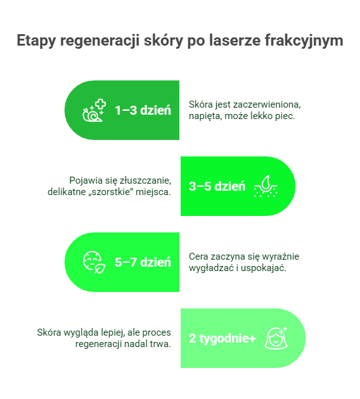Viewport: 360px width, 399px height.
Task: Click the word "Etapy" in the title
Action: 36,41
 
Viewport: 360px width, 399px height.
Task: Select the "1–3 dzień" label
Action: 143,110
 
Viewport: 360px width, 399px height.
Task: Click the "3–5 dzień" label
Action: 217,186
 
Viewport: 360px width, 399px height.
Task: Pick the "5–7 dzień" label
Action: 143,262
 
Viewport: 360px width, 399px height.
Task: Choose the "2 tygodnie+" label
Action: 222,339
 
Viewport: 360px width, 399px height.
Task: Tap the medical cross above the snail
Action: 100,104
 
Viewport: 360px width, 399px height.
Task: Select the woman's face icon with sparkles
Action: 276,338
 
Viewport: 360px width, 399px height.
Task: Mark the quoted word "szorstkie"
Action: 113,192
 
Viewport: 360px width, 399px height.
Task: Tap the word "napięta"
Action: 205,116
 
